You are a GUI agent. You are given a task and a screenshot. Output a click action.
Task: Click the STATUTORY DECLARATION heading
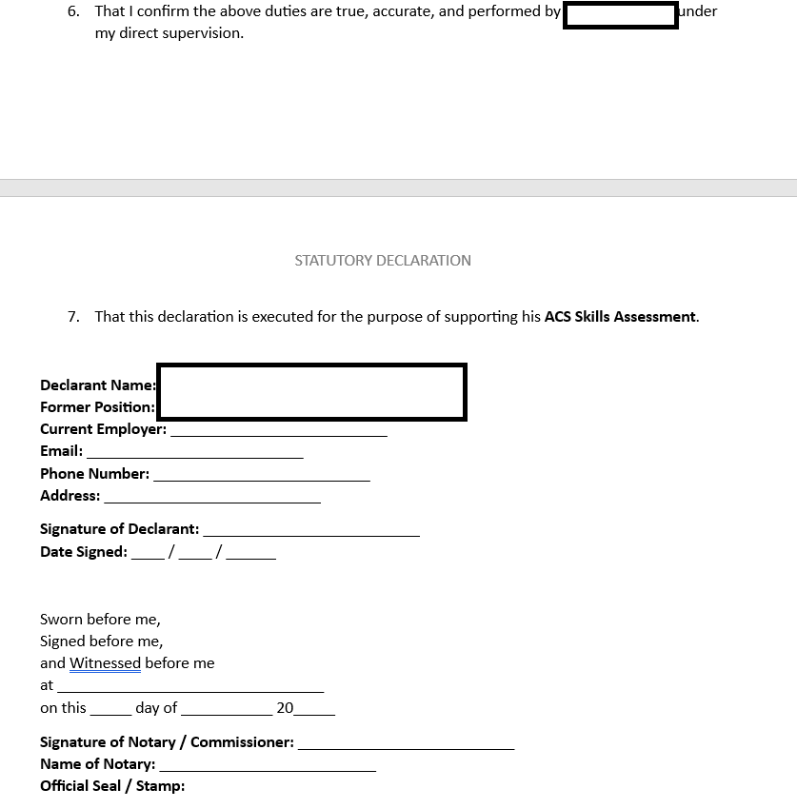click(383, 260)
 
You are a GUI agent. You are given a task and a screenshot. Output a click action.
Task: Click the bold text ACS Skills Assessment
click(620, 317)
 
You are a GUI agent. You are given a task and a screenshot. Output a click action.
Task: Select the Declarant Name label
click(97, 385)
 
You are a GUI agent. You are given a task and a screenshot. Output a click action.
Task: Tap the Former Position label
click(97, 407)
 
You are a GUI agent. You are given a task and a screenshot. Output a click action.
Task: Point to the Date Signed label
click(84, 552)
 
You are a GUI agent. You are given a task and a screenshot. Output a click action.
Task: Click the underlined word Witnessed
click(105, 663)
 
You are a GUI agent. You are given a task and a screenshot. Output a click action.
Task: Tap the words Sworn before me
click(100, 620)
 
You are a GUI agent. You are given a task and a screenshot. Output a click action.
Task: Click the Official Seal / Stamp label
click(112, 786)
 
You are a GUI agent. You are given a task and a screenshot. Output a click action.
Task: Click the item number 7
click(73, 317)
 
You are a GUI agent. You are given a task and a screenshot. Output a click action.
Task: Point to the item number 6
click(73, 11)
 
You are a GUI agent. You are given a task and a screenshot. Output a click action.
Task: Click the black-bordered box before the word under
click(620, 15)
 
